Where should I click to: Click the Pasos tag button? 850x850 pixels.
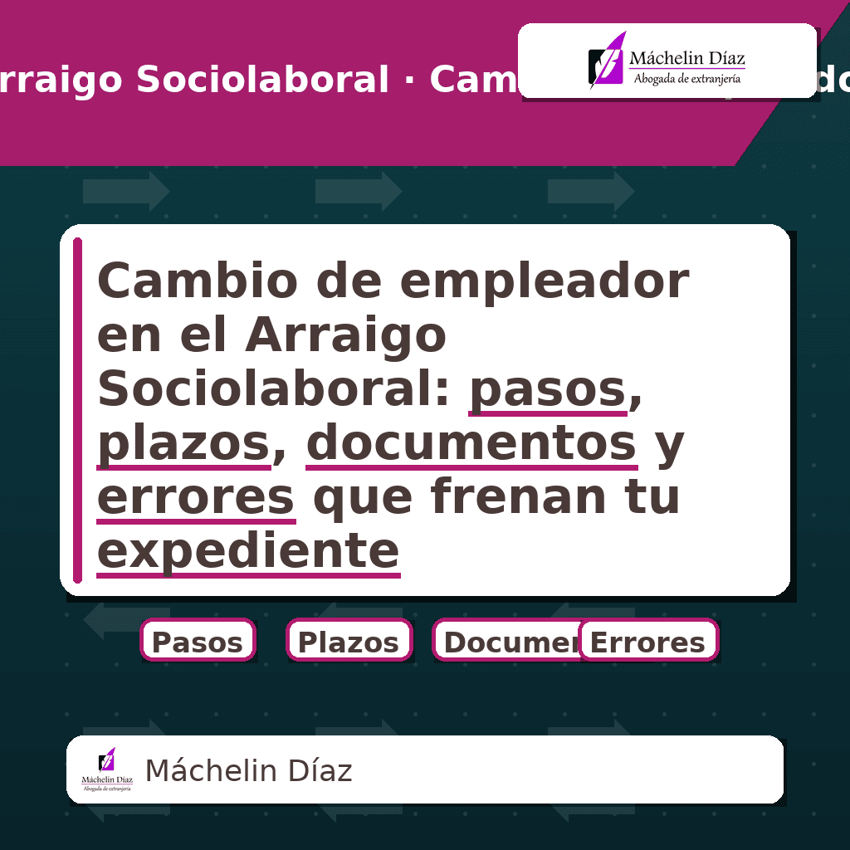point(198,641)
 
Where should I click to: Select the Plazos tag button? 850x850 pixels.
point(349,641)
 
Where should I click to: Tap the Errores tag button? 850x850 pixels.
point(647,641)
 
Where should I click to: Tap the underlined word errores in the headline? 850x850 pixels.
point(196,497)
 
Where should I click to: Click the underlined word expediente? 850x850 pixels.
point(248,550)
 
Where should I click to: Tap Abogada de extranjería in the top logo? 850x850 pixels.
point(687,79)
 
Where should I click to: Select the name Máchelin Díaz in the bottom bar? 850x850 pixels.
point(248,771)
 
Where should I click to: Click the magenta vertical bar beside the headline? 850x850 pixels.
point(77,411)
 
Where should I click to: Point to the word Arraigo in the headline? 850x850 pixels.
point(345,335)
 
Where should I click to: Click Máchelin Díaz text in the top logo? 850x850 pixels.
point(687,58)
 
